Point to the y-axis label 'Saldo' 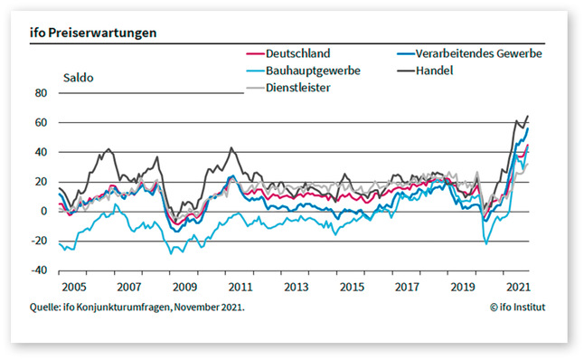point(78,77)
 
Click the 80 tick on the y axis point(39,93)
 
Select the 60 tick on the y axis point(39,122)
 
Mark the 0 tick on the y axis point(42,211)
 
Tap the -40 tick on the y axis point(37,270)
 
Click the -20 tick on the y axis point(37,241)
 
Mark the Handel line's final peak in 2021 point(528,116)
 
